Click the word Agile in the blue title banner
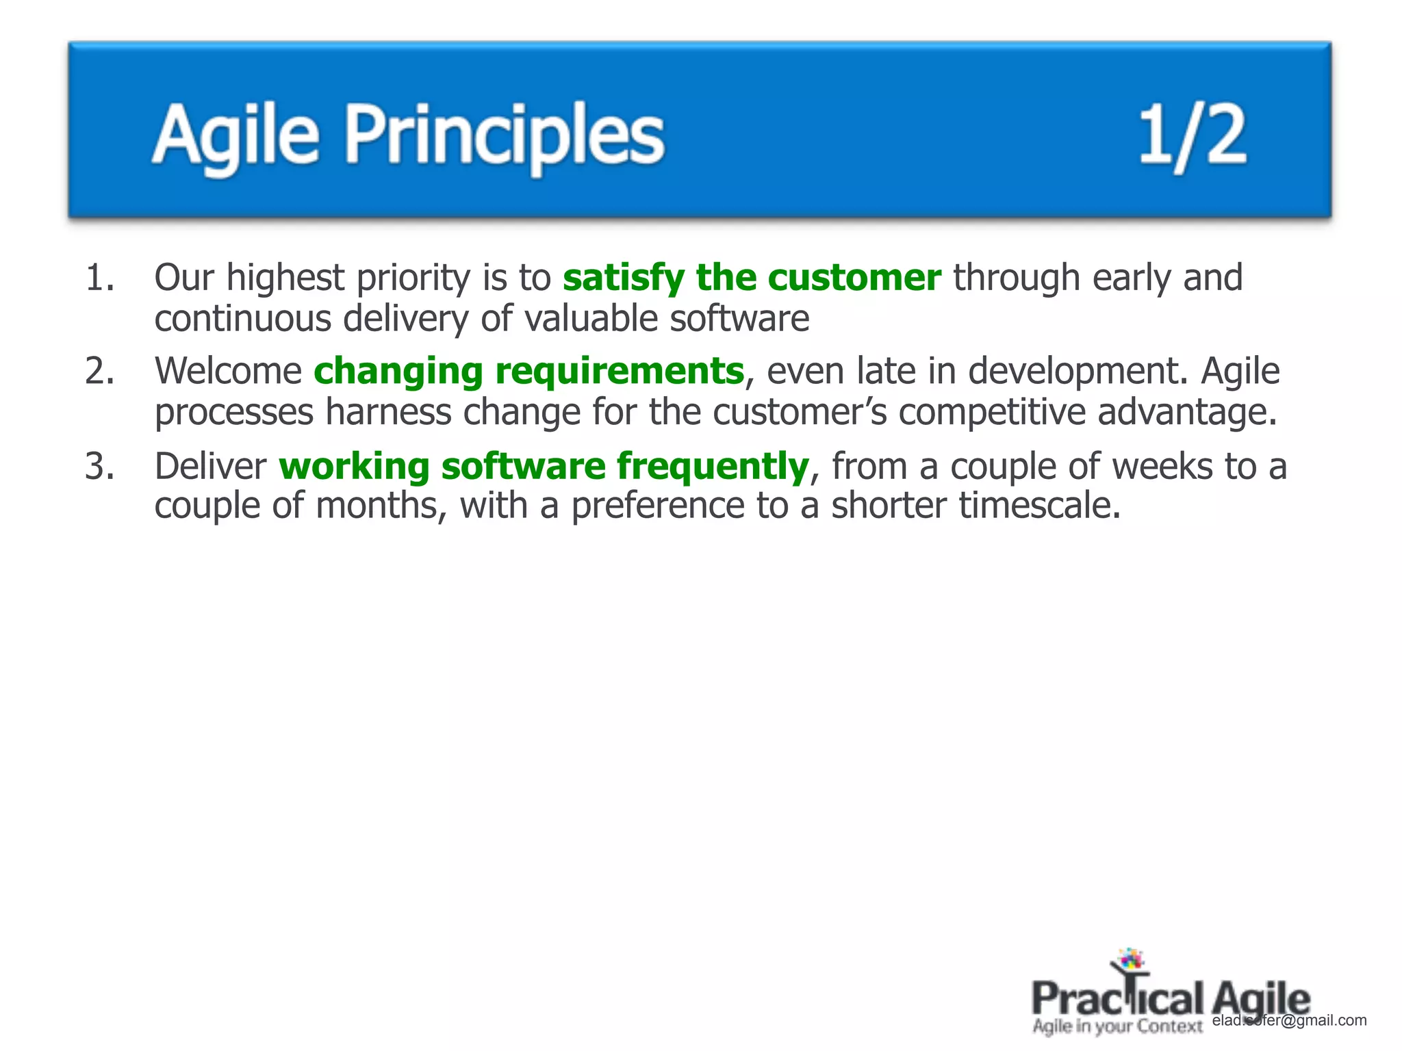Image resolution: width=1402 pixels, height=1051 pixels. (235, 135)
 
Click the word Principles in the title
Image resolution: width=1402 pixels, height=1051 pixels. (505, 135)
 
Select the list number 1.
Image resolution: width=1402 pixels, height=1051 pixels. (100, 278)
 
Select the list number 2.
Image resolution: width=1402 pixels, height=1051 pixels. (100, 372)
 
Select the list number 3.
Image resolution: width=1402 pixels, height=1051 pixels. (100, 467)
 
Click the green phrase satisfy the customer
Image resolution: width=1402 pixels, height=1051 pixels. (752, 278)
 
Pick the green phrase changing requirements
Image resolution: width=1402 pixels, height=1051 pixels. (528, 372)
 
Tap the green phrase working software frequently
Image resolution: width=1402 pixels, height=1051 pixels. (544, 467)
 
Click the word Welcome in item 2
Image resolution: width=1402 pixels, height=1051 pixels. (228, 372)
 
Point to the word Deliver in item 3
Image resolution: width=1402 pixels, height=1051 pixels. (210, 467)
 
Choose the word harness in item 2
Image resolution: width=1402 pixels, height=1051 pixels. (387, 412)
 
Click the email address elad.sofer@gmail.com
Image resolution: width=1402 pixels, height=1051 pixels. (1289, 1020)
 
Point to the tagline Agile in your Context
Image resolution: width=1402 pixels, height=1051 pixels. (1117, 1026)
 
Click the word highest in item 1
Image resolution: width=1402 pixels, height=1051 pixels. (285, 278)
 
